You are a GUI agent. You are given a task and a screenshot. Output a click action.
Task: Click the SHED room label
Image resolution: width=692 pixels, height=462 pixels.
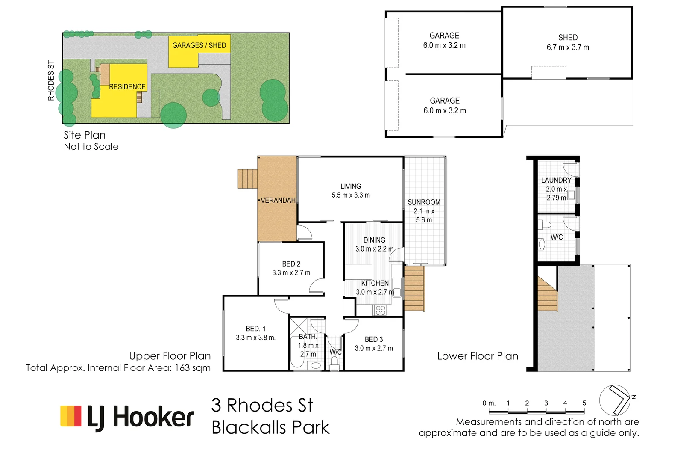pyautogui.click(x=568, y=38)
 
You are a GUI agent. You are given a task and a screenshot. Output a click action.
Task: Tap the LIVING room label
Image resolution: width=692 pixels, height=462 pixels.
pyautogui.click(x=350, y=186)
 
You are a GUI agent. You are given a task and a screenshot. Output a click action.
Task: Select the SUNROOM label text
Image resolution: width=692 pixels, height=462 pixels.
pyautogui.click(x=424, y=202)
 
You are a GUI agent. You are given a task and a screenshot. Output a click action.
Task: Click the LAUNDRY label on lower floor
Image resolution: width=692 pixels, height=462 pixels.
pyautogui.click(x=556, y=180)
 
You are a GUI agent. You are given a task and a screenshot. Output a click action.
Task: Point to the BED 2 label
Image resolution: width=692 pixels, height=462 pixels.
pyautogui.click(x=291, y=264)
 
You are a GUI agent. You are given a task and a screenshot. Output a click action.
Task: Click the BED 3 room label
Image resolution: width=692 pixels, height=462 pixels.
pyautogui.click(x=374, y=339)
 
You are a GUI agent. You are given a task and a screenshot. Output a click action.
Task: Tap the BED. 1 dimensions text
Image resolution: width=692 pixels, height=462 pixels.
pyautogui.click(x=255, y=338)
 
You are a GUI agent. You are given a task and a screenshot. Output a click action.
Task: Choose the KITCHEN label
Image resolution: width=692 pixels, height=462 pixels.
pyautogui.click(x=375, y=283)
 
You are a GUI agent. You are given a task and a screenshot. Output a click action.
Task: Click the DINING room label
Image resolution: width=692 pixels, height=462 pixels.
pyautogui.click(x=374, y=240)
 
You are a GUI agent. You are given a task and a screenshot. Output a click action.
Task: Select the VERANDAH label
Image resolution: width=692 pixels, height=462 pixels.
pyautogui.click(x=278, y=200)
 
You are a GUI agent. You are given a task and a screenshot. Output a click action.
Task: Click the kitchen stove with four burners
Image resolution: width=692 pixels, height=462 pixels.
pyautogui.click(x=380, y=311)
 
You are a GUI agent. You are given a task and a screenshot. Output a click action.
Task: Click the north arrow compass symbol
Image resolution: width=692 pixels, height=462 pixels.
pyautogui.click(x=615, y=400)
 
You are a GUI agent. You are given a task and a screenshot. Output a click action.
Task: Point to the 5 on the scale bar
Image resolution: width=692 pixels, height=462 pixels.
pyautogui.click(x=584, y=403)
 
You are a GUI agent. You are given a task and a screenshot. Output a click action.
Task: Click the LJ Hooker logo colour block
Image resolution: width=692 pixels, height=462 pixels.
pyautogui.click(x=71, y=416)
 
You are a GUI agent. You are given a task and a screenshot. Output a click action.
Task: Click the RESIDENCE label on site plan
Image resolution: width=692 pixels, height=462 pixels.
pyautogui.click(x=127, y=87)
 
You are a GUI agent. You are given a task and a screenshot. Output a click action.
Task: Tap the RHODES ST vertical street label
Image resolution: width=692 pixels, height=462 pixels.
pyautogui.click(x=51, y=80)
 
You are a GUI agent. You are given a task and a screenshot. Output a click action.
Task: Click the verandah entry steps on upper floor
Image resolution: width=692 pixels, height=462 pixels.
pyautogui.click(x=247, y=179)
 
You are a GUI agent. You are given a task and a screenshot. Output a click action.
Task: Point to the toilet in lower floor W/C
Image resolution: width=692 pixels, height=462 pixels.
pyautogui.click(x=545, y=225)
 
